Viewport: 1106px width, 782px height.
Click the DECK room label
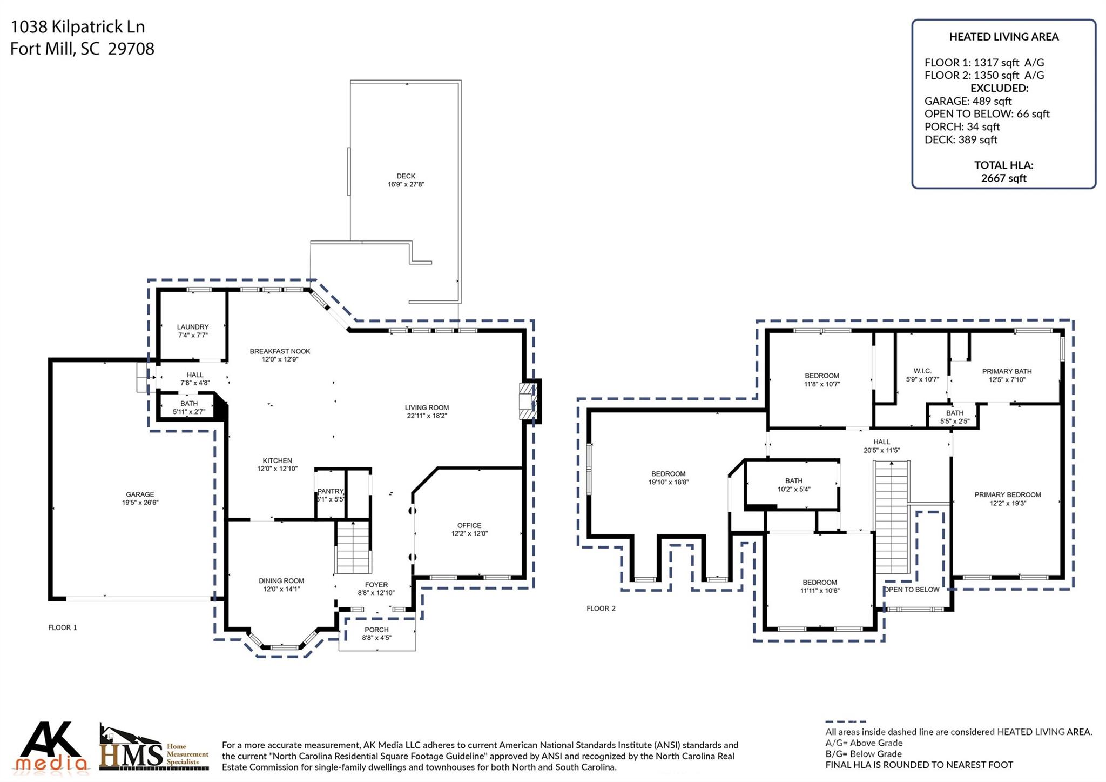click(x=406, y=176)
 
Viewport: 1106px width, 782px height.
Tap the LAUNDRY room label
click(x=193, y=327)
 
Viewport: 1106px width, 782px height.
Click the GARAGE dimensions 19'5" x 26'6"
click(x=140, y=503)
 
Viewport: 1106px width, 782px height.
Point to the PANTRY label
click(x=330, y=491)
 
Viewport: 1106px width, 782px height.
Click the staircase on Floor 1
click(x=353, y=547)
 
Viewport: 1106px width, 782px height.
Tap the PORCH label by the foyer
click(x=376, y=630)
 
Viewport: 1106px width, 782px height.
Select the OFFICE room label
click(x=469, y=525)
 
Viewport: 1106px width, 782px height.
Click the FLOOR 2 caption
click(x=601, y=609)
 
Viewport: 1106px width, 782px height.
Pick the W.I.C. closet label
click(x=922, y=371)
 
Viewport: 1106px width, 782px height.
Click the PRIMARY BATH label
click(x=1007, y=371)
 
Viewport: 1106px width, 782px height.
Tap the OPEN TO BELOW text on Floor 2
click(x=912, y=590)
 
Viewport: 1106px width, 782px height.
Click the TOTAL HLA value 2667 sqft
click(x=1003, y=178)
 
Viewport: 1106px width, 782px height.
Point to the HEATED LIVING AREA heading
click(x=1003, y=37)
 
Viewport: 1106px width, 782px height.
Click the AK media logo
click(x=52, y=747)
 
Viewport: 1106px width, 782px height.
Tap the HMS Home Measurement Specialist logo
click(x=153, y=749)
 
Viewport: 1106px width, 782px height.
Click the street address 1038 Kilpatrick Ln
click(x=78, y=26)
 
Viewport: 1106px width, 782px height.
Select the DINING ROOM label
click(x=281, y=581)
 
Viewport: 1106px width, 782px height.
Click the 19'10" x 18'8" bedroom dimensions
click(x=668, y=482)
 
